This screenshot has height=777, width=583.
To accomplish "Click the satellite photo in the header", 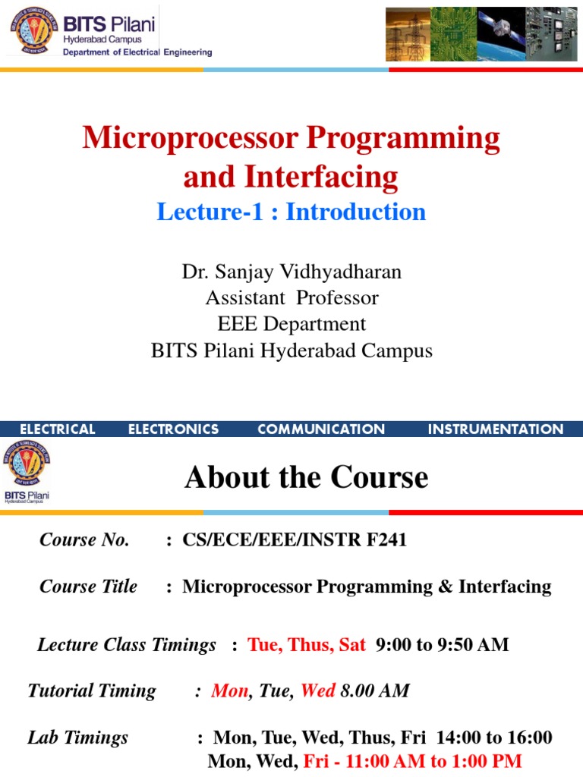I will (x=500, y=34).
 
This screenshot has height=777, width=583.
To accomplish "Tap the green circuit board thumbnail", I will (x=453, y=34).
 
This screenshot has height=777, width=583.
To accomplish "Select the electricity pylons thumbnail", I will (x=407, y=34).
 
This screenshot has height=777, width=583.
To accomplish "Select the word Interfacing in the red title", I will (x=321, y=177).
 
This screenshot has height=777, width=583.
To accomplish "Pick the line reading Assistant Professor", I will (x=291, y=297).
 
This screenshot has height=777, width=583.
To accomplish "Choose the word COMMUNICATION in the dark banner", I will (x=321, y=429).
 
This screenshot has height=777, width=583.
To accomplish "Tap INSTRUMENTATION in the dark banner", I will (x=496, y=429).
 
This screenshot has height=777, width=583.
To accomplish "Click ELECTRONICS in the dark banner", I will (x=173, y=429).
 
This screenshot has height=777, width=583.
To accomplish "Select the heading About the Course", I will (x=306, y=477).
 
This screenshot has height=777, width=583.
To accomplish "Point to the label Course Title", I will (x=88, y=587).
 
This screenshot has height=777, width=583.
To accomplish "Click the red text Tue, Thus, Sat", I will (x=307, y=645).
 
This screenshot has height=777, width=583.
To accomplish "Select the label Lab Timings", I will (x=77, y=738).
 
